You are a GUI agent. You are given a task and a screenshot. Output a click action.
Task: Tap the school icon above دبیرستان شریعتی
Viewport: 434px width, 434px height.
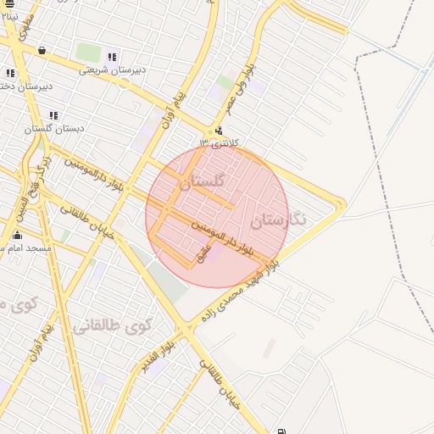tap(112, 58)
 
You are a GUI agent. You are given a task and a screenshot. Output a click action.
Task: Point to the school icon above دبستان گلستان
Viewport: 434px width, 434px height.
tap(53, 115)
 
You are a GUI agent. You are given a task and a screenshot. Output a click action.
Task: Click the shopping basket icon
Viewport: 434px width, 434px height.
tap(42, 51)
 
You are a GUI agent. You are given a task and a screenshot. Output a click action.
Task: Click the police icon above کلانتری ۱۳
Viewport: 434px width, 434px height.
tap(220, 131)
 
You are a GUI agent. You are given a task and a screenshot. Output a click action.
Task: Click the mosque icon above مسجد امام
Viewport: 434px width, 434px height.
tap(17, 236)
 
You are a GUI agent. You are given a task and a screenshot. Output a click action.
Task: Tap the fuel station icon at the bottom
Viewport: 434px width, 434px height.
tap(281, 429)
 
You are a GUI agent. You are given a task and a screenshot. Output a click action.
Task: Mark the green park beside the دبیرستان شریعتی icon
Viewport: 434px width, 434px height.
tap(88, 53)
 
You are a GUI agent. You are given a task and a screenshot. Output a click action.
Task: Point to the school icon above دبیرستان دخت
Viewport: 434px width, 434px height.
tap(10, 74)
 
